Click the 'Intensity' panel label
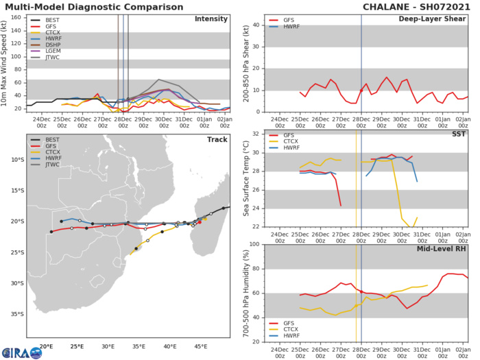[211, 19]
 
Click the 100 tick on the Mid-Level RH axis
[253, 244]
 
